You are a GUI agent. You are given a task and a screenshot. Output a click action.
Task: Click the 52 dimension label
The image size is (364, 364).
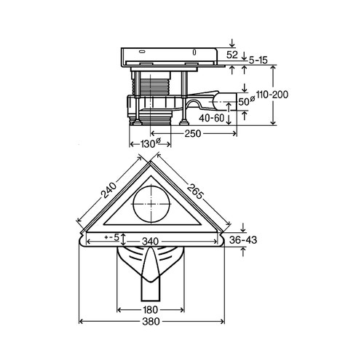232,55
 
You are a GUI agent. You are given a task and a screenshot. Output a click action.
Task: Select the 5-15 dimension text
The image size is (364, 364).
258,60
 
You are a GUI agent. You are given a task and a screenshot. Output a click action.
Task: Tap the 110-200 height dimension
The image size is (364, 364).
272,95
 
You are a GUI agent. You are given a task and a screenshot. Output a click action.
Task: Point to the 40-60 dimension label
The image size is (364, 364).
212,118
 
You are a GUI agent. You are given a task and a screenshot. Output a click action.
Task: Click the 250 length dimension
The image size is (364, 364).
193,133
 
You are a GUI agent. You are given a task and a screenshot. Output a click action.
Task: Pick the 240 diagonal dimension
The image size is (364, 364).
109,191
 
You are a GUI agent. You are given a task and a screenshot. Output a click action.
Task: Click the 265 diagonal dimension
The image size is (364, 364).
194,191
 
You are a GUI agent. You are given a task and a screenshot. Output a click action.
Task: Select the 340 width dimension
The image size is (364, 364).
150,242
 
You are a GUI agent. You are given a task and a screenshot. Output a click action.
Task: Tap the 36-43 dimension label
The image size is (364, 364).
243,240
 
